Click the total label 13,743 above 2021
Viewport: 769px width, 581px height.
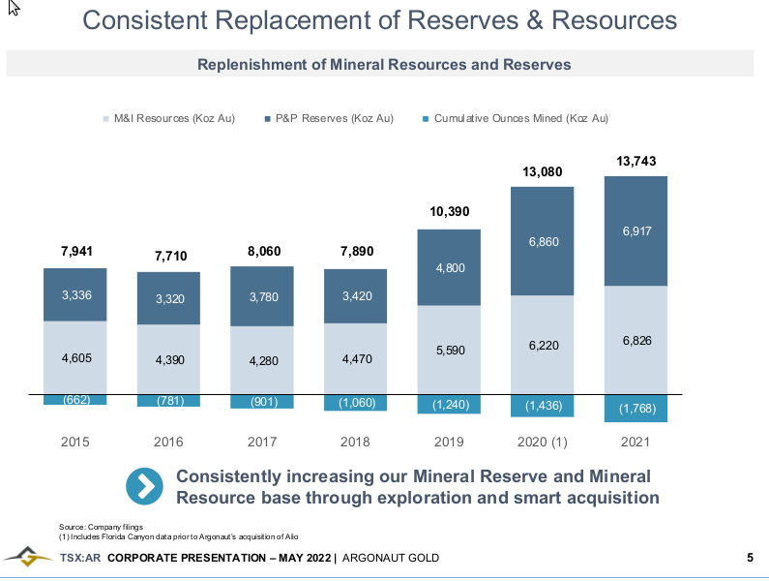pos(636,161)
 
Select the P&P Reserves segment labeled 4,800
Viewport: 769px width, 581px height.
pos(449,267)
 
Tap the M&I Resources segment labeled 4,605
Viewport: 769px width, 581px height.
pos(75,357)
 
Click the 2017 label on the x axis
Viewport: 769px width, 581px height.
pos(262,442)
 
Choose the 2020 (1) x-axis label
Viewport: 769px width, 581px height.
pos(542,442)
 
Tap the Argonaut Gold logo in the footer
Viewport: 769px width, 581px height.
pos(27,558)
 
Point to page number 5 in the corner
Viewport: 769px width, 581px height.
pos(750,558)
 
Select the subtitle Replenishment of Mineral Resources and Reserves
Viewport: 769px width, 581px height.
pos(384,65)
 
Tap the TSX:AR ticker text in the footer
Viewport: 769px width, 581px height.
pos(79,558)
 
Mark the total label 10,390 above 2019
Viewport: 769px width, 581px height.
pos(449,210)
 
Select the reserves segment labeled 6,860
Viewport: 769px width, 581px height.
pos(543,241)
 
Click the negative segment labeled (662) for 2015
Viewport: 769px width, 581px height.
pos(75,399)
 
